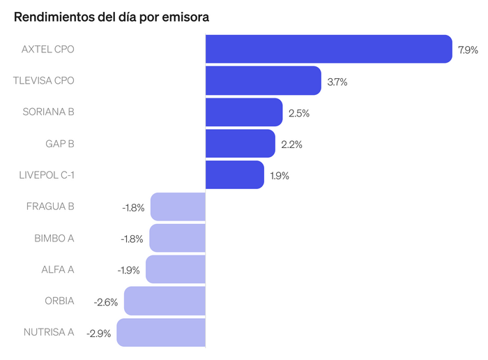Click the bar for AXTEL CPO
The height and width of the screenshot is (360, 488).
click(x=329, y=49)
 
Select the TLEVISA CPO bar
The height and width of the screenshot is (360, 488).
click(x=263, y=81)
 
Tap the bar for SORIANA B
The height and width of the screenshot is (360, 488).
click(x=244, y=112)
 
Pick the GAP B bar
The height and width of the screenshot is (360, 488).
click(x=241, y=144)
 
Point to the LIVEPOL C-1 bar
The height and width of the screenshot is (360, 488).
click(x=235, y=175)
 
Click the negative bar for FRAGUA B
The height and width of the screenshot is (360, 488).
click(x=178, y=207)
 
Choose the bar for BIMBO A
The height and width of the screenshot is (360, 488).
click(x=178, y=239)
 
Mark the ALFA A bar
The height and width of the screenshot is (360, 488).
click(x=176, y=270)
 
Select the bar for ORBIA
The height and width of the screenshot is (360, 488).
click(x=165, y=301)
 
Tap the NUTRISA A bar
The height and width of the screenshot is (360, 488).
click(x=161, y=333)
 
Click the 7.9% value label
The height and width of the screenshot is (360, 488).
click(x=468, y=50)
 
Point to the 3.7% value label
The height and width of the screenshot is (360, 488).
click(x=337, y=82)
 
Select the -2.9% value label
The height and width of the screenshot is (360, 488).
click(x=98, y=333)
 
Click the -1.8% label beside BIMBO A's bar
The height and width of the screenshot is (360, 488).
click(x=132, y=239)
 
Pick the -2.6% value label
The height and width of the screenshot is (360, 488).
click(x=106, y=302)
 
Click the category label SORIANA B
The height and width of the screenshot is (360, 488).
click(x=48, y=112)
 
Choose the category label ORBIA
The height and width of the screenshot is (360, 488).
click(x=59, y=301)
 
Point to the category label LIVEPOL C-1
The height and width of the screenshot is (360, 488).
click(x=46, y=175)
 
